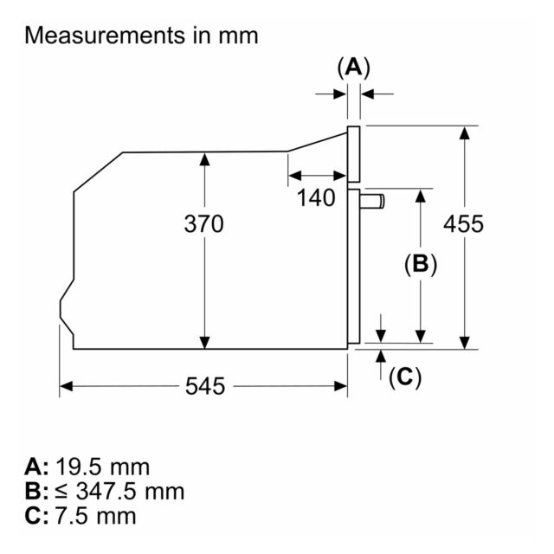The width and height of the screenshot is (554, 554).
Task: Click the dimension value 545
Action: click(205, 386)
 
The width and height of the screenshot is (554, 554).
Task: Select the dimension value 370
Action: click(204, 224)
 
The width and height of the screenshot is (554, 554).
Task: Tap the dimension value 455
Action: click(463, 224)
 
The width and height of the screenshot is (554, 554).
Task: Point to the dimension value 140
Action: click(316, 197)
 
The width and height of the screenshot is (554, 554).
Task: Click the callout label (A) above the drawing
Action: click(354, 68)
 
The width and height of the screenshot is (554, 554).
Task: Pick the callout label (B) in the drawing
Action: click(421, 263)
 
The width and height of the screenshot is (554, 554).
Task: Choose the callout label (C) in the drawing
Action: click(405, 377)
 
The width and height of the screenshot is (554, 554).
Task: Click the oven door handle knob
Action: click(373, 202)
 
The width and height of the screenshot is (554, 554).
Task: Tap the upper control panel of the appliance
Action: click(354, 154)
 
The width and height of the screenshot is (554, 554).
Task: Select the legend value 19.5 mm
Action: click(102, 467)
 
